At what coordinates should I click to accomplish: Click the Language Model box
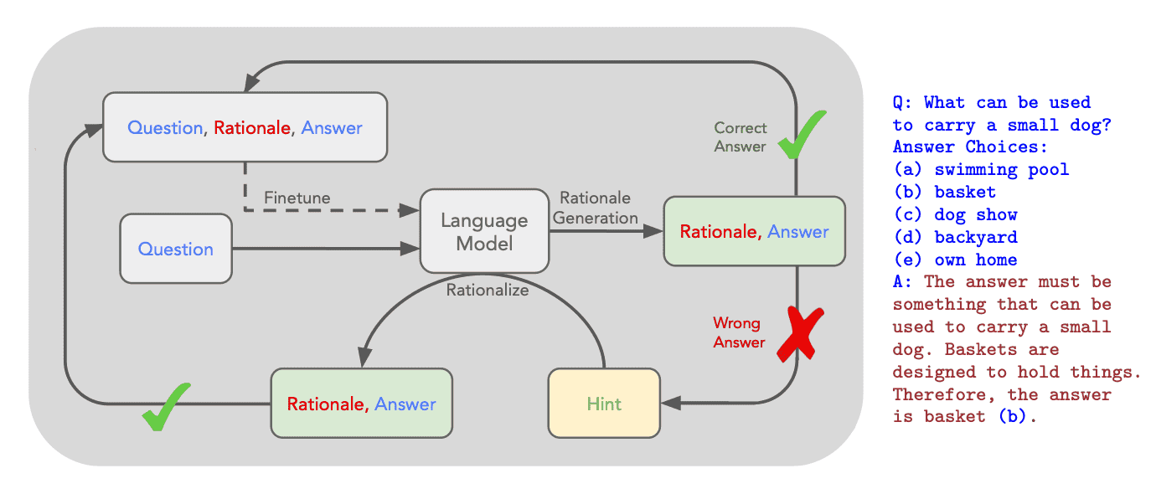pos(485,232)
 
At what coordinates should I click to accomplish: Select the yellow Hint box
pos(604,404)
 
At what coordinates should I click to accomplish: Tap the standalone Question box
pos(176,249)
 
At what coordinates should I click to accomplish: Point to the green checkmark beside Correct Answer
pos(802,135)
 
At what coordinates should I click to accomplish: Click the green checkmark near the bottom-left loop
pos(165,406)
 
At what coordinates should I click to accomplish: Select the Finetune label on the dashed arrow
pos(297,198)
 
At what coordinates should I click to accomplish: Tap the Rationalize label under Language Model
pos(488,291)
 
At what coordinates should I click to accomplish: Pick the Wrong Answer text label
pos(738,332)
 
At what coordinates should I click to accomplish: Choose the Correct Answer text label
pos(740,137)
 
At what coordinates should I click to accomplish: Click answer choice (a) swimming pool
pos(981,170)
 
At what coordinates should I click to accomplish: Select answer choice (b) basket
pos(944,193)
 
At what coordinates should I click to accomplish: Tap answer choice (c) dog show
pos(955,215)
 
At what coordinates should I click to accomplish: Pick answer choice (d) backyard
pos(955,238)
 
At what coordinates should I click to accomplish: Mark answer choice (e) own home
pos(955,260)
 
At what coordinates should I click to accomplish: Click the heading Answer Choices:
pos(970,147)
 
